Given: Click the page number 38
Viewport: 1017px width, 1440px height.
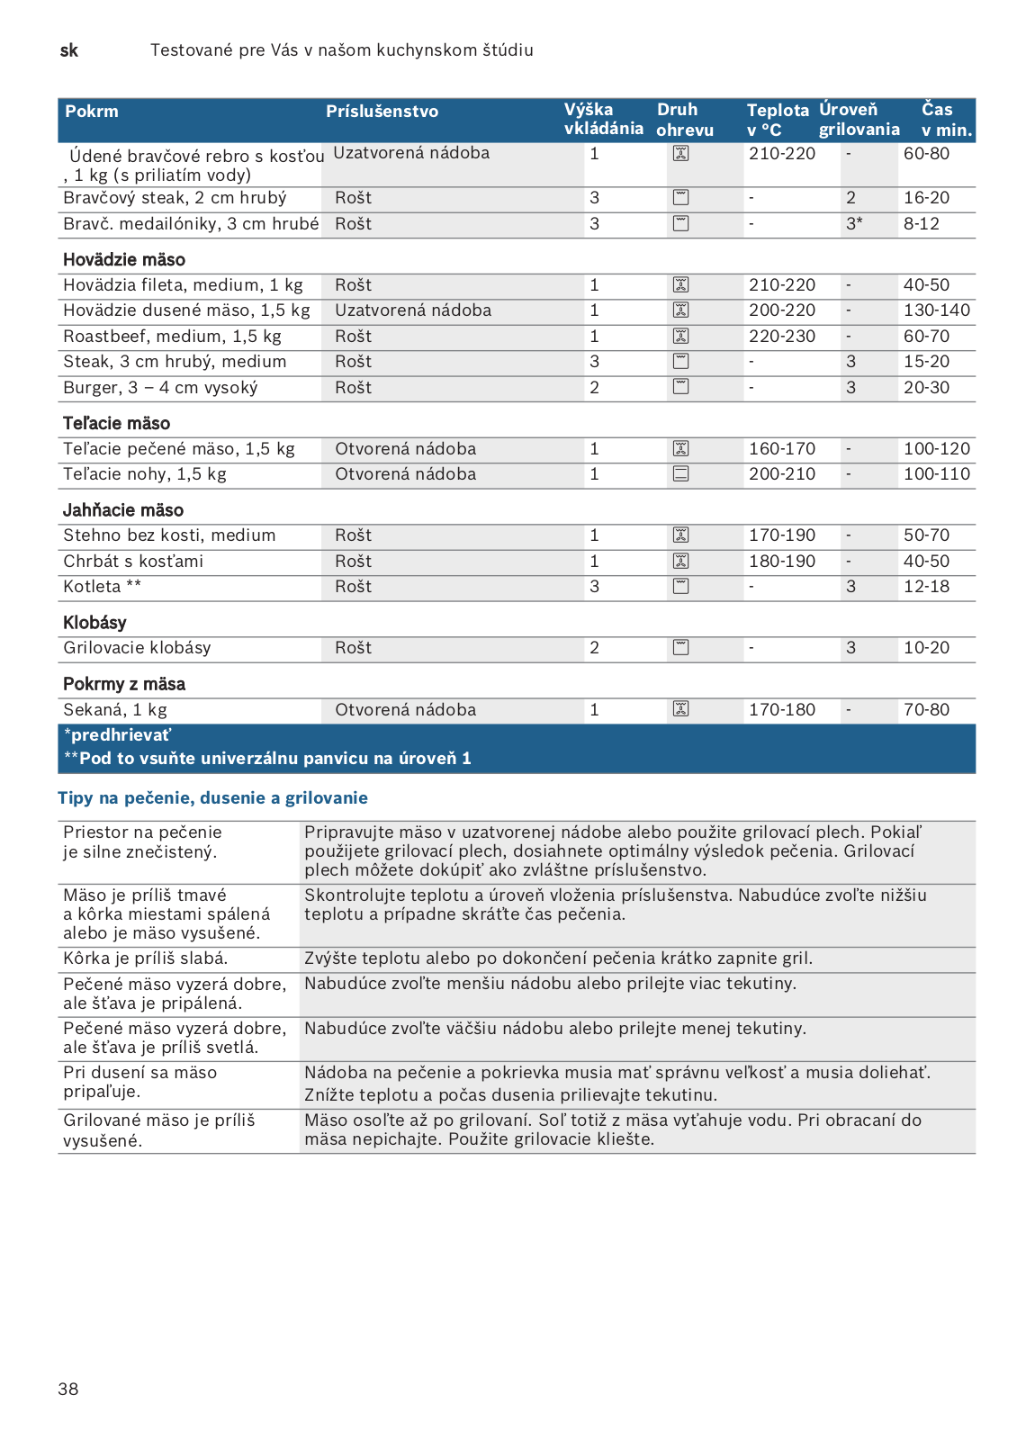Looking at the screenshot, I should click(68, 1389).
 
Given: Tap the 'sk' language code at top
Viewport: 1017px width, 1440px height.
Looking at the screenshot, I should click(69, 50).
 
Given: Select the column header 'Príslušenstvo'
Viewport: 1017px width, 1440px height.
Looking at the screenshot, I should click(382, 112).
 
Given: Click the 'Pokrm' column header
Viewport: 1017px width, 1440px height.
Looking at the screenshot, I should click(92, 112).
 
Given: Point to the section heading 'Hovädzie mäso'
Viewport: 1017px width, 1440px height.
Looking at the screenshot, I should click(124, 260).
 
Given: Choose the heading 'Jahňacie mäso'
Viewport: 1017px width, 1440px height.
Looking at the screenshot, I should click(123, 510).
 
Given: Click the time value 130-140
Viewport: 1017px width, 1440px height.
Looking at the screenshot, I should click(937, 310).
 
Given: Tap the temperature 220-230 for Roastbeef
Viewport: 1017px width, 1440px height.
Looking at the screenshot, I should click(782, 337).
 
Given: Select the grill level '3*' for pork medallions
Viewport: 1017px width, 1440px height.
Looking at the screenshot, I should click(854, 224).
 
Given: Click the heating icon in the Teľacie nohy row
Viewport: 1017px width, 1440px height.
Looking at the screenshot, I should click(681, 474).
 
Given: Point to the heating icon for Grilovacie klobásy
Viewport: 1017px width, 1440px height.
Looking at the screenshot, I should click(681, 648).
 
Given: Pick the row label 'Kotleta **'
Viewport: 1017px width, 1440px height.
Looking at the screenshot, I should click(102, 587).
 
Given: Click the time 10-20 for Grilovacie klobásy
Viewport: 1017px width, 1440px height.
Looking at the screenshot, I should click(926, 648).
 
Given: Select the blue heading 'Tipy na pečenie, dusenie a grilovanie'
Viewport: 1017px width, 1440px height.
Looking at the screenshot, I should click(212, 798).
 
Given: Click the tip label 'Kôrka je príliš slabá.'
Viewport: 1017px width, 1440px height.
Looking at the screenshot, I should click(146, 958).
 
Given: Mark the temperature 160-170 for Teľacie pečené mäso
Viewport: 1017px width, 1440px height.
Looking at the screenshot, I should click(782, 449).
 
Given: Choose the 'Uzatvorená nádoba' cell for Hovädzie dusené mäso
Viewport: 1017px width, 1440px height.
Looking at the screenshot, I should click(413, 310).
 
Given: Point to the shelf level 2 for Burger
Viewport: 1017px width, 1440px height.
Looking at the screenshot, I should click(595, 388).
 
